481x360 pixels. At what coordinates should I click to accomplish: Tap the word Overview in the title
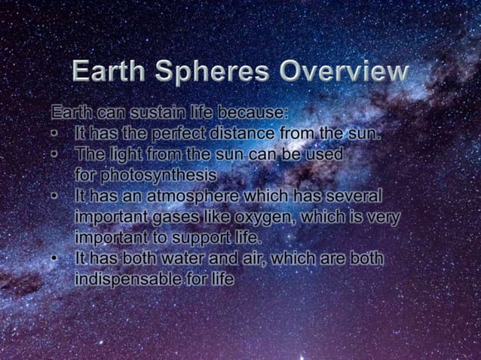(x=344, y=72)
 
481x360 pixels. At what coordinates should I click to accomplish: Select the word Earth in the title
(x=110, y=72)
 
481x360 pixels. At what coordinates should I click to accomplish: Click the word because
(x=252, y=114)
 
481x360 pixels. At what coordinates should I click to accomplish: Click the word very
(x=384, y=217)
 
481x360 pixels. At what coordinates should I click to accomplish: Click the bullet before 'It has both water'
(x=57, y=258)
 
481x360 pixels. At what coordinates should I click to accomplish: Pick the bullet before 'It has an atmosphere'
(x=57, y=196)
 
